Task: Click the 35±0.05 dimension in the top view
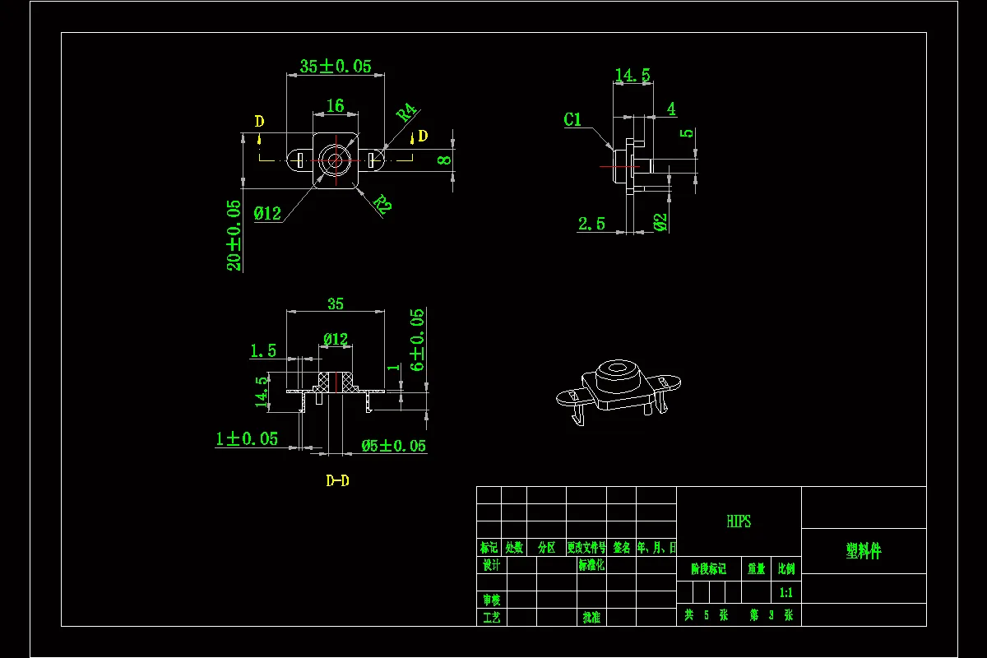335,67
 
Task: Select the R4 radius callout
407,113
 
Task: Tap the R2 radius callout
382,203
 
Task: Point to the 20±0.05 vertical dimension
234,235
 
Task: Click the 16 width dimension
335,106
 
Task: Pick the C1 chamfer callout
572,120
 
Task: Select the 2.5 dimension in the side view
591,224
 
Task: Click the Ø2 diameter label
660,221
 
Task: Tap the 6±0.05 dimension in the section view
417,340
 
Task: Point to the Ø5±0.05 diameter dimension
394,446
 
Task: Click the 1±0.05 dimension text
247,439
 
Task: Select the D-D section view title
337,480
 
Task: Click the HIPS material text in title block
739,521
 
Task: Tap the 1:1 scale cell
785,592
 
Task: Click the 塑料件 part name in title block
863,551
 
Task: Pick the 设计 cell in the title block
491,566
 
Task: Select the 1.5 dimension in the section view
263,351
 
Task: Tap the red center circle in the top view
335,160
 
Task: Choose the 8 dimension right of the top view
444,160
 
